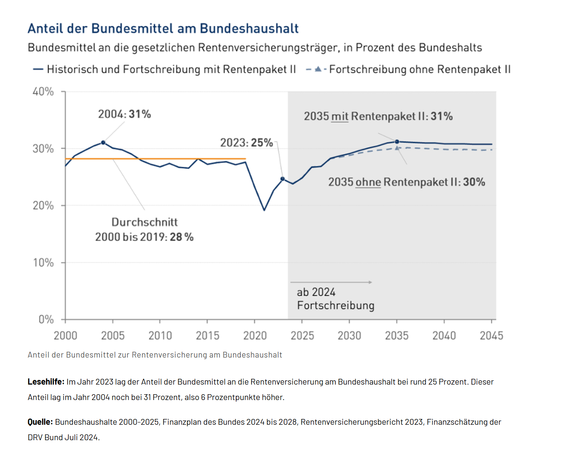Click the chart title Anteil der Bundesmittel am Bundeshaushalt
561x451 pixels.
click(163, 29)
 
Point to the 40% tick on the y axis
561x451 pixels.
click(43, 92)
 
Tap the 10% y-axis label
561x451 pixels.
click(43, 263)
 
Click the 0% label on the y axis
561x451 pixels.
click(46, 320)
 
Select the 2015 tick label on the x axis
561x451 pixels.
click(208, 336)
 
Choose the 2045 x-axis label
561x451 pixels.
click(491, 336)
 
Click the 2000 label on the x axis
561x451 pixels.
click(66, 336)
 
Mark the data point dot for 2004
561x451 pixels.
click(103, 142)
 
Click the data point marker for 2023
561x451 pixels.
click(282, 179)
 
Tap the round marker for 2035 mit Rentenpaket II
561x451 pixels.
click(397, 142)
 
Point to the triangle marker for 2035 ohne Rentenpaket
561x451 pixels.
click(397, 148)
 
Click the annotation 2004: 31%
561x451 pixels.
click(124, 114)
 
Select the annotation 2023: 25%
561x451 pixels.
click(247, 143)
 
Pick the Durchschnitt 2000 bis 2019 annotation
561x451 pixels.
click(144, 229)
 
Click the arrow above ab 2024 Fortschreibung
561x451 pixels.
click(331, 282)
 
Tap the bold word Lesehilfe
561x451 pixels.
click(46, 382)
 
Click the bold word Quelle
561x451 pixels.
click(40, 422)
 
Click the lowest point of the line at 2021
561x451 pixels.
click(264, 210)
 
